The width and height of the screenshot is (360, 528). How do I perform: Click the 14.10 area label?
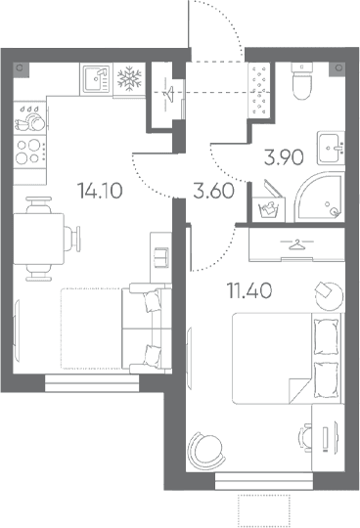[100, 191]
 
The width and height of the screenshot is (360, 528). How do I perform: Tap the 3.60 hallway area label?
[213, 191]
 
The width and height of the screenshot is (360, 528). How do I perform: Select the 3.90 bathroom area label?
[284, 157]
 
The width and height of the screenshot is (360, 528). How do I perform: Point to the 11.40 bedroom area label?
[249, 290]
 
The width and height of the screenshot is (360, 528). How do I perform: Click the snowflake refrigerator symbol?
[129, 79]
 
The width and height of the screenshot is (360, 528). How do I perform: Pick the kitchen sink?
[96, 79]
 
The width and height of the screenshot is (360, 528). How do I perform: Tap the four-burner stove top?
[29, 152]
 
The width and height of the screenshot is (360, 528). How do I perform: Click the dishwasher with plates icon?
[29, 118]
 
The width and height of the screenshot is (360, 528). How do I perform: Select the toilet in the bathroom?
[301, 81]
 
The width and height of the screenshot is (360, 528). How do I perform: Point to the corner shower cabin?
[320, 197]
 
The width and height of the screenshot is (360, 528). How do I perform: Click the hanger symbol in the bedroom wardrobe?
[296, 243]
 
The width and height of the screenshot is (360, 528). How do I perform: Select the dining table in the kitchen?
[38, 239]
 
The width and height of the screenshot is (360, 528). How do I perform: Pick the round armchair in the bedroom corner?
[205, 451]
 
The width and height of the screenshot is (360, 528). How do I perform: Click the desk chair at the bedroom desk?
[305, 438]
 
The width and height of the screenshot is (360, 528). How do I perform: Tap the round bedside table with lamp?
[329, 295]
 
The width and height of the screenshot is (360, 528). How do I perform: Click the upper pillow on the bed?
[326, 336]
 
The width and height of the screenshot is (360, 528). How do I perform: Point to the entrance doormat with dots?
[259, 90]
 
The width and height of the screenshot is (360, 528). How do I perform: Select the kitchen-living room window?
[92, 383]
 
